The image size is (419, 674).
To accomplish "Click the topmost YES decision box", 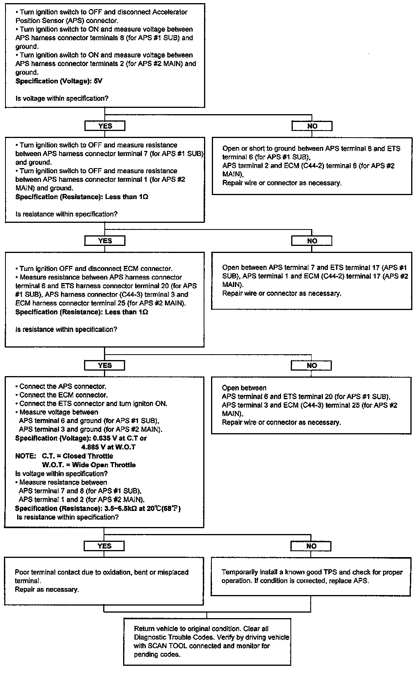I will [105, 126].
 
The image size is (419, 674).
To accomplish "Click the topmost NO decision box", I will [312, 126].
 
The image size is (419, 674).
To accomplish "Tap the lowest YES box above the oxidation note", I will [104, 546].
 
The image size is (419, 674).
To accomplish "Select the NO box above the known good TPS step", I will [311, 546].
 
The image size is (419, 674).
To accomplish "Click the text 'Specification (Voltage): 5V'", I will [59, 81].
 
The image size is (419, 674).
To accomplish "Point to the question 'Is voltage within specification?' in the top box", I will [62, 99].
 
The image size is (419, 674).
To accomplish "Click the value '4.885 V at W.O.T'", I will [108, 447].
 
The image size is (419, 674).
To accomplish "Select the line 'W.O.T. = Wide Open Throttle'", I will [89, 465].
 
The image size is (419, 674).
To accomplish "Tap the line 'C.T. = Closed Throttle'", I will [77, 456].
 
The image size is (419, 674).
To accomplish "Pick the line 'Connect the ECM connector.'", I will [63, 395].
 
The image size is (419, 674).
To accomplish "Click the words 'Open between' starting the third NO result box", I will [244, 388].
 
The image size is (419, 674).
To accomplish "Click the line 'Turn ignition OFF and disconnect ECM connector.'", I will [96, 269].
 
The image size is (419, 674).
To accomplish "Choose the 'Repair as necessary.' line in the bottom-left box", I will [47, 589].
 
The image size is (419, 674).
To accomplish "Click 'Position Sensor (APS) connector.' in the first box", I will [67, 21].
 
